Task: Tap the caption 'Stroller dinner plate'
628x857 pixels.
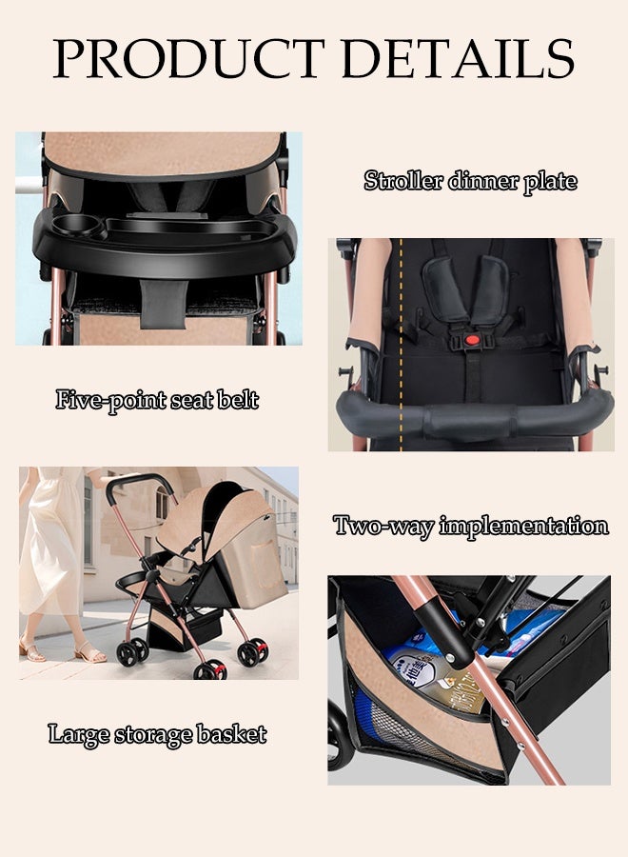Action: tap(470, 181)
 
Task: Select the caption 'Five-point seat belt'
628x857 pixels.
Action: tap(157, 399)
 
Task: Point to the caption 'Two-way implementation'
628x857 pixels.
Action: tap(470, 526)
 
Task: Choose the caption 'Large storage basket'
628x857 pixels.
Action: tap(157, 734)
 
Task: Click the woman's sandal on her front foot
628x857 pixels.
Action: tap(90, 655)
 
